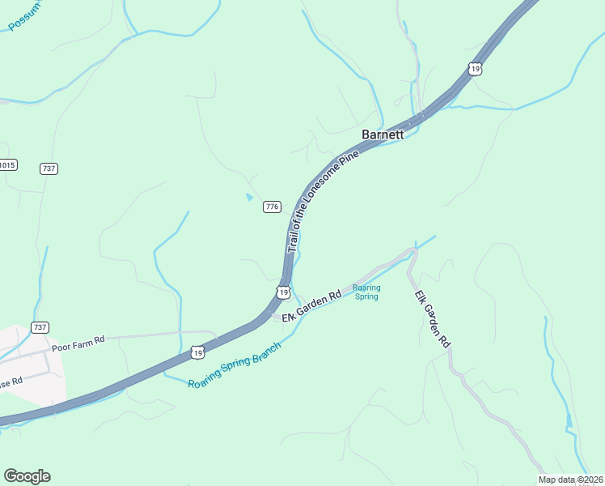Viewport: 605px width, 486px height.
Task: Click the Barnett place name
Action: [x=383, y=135]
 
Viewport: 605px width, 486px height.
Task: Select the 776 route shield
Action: [x=272, y=207]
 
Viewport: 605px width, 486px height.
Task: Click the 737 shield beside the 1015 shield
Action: [x=49, y=168]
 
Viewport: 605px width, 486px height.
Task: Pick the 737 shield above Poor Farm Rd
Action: [x=40, y=326]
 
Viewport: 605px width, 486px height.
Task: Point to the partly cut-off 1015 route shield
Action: [x=7, y=165]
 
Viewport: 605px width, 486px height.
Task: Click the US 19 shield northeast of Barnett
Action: [x=475, y=69]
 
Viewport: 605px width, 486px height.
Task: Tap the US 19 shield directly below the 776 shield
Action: [x=281, y=292]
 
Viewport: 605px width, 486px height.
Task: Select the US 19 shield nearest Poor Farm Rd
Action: [x=198, y=352]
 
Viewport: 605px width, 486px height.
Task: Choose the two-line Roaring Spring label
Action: [x=366, y=292]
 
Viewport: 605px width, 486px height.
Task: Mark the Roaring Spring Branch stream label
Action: [x=235, y=365]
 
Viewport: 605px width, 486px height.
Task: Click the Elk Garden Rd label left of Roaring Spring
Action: [x=311, y=305]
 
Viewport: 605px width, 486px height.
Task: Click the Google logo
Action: [x=27, y=476]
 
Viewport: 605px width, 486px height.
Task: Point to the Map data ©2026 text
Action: [x=571, y=480]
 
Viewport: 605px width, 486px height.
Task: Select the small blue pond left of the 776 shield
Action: [x=249, y=197]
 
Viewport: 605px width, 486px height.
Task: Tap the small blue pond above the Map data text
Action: [x=569, y=420]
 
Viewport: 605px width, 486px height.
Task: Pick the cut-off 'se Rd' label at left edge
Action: [x=11, y=379]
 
